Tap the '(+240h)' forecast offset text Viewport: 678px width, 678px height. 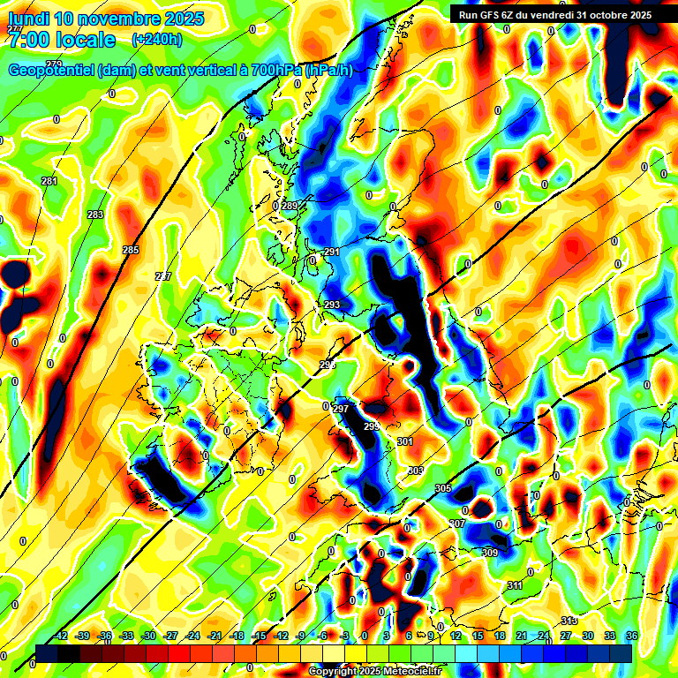point(157,40)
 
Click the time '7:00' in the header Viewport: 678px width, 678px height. point(27,40)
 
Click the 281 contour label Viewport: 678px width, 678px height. point(49,181)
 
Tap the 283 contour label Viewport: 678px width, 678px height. point(95,215)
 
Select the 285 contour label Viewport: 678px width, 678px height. point(131,251)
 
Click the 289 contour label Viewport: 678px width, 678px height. point(290,206)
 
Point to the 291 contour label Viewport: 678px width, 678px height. point(332,252)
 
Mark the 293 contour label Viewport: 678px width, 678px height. point(332,305)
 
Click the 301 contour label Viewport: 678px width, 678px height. point(405,441)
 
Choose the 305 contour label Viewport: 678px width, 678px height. point(443,488)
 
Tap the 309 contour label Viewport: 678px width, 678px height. point(490,553)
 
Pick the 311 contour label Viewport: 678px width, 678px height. point(516,585)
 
